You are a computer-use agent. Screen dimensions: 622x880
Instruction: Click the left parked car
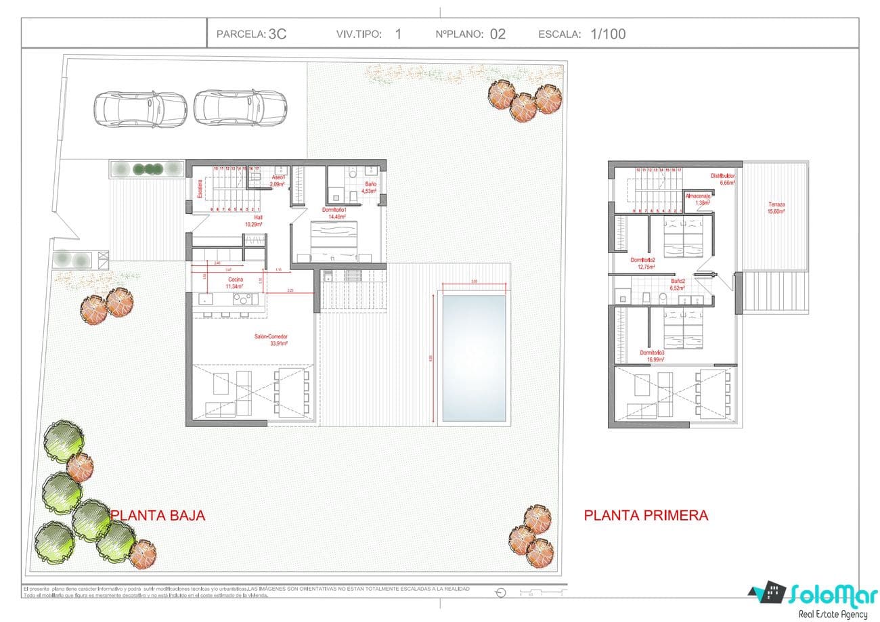point(140,108)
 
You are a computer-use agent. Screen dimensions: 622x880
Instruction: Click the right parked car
point(240,108)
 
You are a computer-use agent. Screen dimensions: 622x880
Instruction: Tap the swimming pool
point(473,357)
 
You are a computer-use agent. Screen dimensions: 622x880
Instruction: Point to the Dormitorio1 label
point(334,210)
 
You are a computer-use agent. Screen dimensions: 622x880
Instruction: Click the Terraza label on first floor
point(776,204)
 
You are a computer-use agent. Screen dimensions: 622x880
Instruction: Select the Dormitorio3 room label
point(652,353)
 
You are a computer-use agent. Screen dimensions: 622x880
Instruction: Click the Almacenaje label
point(698,196)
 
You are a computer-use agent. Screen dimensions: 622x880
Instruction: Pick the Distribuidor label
point(722,175)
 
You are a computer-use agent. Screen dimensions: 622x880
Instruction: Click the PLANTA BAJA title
point(158,515)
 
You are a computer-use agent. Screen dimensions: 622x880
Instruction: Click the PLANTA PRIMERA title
point(646,515)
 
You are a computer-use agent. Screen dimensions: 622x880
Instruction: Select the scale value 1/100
point(608,34)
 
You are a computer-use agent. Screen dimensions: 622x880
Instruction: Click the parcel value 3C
point(278,34)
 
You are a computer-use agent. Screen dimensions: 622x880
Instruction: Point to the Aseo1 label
point(278,177)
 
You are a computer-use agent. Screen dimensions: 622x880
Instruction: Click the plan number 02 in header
point(498,34)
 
